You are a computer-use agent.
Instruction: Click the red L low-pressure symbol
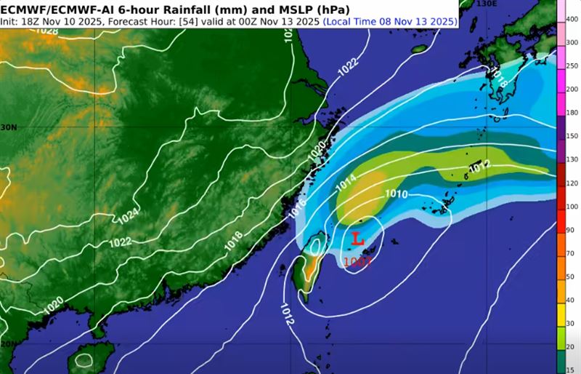(357, 239)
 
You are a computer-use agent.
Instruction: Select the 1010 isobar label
(396, 194)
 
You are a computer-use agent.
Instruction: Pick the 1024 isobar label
(128, 215)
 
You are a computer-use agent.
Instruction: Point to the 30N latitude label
(7, 126)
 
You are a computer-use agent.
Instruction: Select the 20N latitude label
(7, 343)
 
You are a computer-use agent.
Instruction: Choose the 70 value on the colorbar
(572, 252)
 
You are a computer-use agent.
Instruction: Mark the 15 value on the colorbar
(572, 370)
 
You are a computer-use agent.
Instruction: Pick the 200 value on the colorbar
(572, 89)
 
